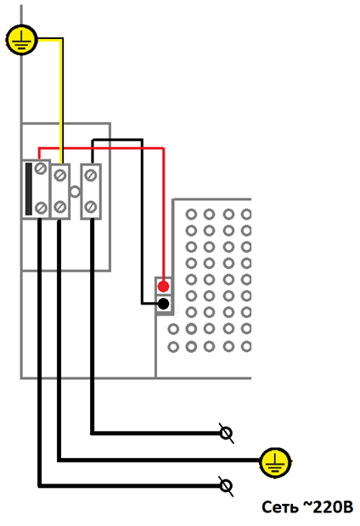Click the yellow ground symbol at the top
22,40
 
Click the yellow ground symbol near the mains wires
275,462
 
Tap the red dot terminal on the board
164,287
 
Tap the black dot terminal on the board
164,304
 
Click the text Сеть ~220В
307,506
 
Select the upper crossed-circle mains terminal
226,433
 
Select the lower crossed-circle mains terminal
226,486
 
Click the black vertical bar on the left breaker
29,189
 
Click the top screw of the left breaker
41,168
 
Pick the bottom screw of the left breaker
41,208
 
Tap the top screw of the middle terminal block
60,175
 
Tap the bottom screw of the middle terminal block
60,206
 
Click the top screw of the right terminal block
91,175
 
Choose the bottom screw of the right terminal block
91,206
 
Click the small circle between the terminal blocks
75,192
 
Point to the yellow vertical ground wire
61,101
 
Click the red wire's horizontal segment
101,148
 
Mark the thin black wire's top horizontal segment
117,139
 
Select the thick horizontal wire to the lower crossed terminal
130,485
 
